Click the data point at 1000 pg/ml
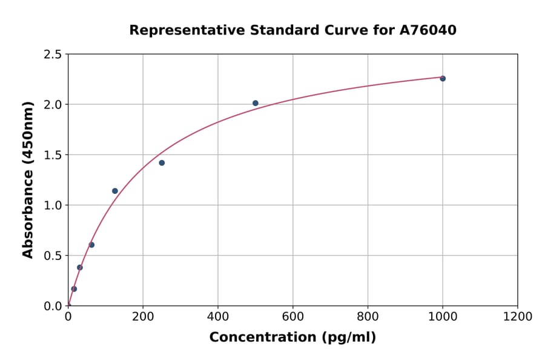click(x=443, y=78)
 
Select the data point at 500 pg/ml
click(x=256, y=103)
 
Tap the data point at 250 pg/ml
click(x=162, y=162)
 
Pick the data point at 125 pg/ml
click(x=115, y=191)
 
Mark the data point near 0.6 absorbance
click(x=91, y=245)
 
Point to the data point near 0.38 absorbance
click(x=80, y=267)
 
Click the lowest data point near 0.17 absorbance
click(x=74, y=288)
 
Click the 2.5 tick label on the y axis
click(x=53, y=55)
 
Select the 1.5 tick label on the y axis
click(x=53, y=155)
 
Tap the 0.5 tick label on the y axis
click(x=53, y=256)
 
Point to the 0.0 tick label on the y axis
click(x=53, y=306)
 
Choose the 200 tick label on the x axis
click(x=143, y=317)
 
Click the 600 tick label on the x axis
click(x=293, y=317)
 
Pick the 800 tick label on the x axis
click(x=368, y=317)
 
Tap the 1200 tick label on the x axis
click(x=518, y=317)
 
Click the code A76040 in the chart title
click(x=428, y=30)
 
